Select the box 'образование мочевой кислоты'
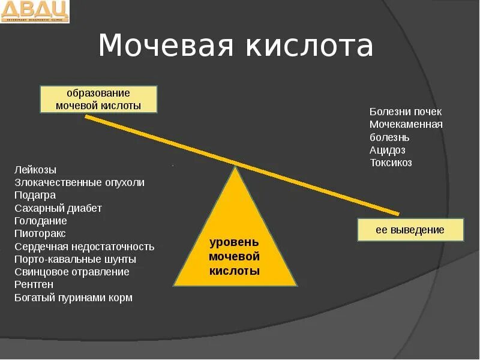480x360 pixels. (x=98, y=99)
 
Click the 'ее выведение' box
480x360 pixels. (x=410, y=230)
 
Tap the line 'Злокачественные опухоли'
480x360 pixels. (x=79, y=182)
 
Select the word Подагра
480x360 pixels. (x=35, y=195)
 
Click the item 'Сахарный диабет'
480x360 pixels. (x=58, y=208)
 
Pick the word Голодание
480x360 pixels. (x=41, y=221)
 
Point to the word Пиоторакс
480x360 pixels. (x=40, y=233)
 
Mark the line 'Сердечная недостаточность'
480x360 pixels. (x=85, y=247)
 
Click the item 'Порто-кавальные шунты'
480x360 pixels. (x=75, y=259)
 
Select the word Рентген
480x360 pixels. (x=34, y=284)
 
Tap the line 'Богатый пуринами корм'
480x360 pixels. (x=74, y=298)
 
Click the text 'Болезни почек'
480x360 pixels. (x=406, y=112)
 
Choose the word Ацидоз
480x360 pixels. (x=388, y=150)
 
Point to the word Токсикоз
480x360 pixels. (x=391, y=163)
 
